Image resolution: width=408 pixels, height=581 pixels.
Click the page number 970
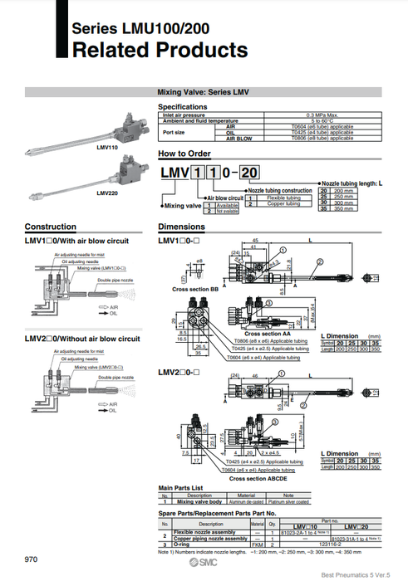(32, 559)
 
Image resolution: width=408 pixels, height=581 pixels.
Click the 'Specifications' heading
(183, 107)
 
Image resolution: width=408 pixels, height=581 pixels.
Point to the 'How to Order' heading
(184, 154)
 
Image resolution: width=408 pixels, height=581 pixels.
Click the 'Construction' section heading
(51, 227)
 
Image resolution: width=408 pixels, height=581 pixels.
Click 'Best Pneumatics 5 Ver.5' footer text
(363, 574)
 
